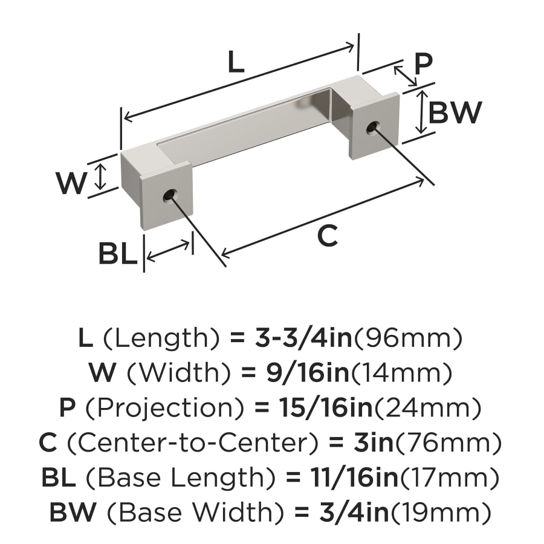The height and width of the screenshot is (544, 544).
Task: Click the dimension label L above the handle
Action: click(236, 63)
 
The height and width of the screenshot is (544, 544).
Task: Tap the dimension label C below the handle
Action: click(327, 236)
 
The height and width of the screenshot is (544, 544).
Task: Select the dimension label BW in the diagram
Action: click(455, 112)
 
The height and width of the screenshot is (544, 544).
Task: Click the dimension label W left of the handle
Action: click(71, 183)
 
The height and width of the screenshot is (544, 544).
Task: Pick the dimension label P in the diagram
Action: click(423, 63)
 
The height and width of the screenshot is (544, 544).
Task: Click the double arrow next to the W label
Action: click(101, 175)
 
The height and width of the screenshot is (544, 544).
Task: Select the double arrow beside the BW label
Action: click(421, 112)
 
